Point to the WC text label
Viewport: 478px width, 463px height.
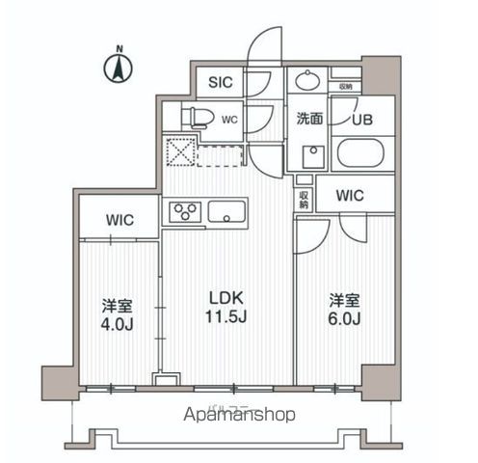229,121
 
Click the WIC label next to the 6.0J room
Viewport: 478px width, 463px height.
349,196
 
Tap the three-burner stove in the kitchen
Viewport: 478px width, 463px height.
184,211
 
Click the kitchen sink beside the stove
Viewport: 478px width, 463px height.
227,211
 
